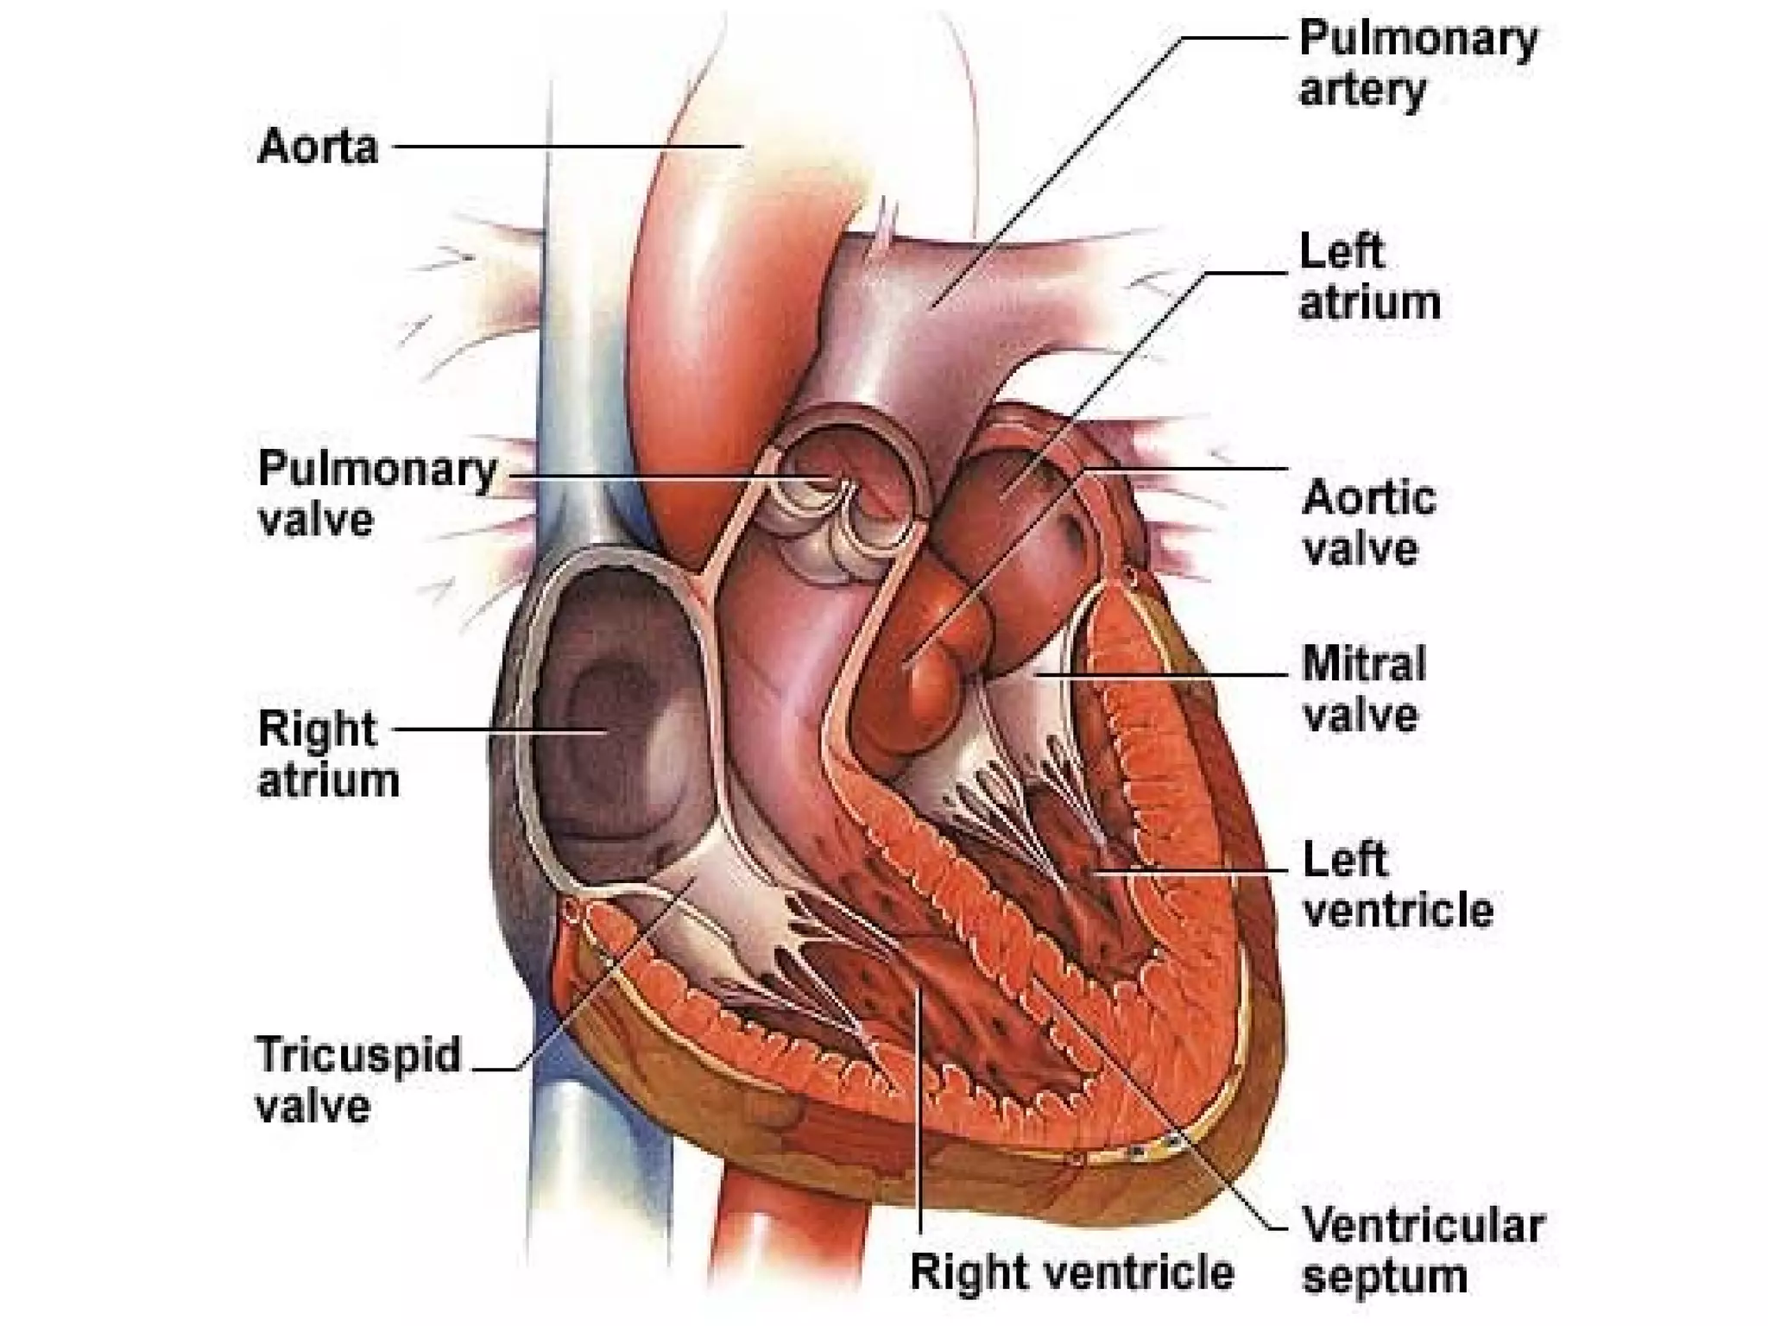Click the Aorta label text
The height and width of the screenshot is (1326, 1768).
318,147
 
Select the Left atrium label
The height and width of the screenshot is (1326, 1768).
1369,277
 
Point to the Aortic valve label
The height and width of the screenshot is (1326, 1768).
1368,523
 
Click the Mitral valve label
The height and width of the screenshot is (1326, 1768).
1363,690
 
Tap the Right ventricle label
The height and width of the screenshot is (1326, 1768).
1071,1272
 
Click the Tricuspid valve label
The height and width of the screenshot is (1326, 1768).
358,1080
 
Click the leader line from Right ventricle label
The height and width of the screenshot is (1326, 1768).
921,1122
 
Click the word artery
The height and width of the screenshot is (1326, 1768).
1361,90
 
